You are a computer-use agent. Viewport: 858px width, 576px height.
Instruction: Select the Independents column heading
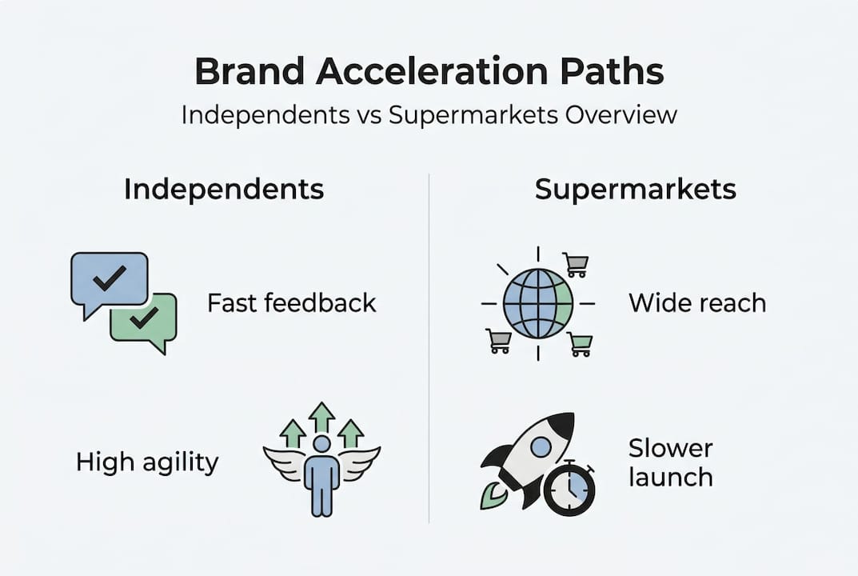coord(224,190)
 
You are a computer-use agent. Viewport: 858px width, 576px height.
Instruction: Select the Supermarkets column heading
coord(636,190)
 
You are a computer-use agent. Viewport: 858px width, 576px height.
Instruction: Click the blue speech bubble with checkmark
coord(109,279)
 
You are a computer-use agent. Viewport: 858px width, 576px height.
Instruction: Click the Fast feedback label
coord(292,303)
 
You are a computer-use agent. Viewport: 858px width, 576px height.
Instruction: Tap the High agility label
coord(147,462)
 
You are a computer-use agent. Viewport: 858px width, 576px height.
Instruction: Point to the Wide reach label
coord(697,303)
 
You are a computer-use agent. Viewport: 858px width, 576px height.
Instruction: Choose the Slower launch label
coord(670,462)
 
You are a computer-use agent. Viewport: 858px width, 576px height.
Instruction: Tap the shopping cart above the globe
coord(576,263)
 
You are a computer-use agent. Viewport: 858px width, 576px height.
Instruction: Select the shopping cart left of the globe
coord(498,341)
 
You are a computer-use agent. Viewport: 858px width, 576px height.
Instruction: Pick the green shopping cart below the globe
coord(581,344)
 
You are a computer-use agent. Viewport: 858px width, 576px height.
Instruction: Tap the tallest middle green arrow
coord(321,417)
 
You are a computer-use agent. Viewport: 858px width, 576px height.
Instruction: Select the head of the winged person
coord(321,443)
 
